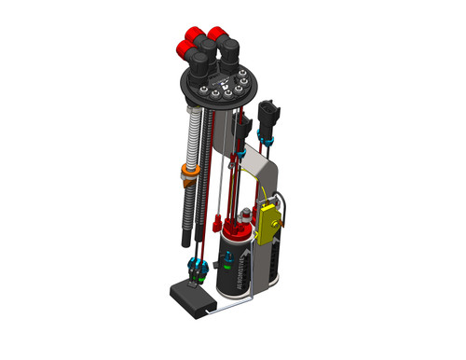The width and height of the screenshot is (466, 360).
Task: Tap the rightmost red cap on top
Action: click(x=221, y=34)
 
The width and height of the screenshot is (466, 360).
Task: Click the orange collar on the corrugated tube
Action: click(x=187, y=172)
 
